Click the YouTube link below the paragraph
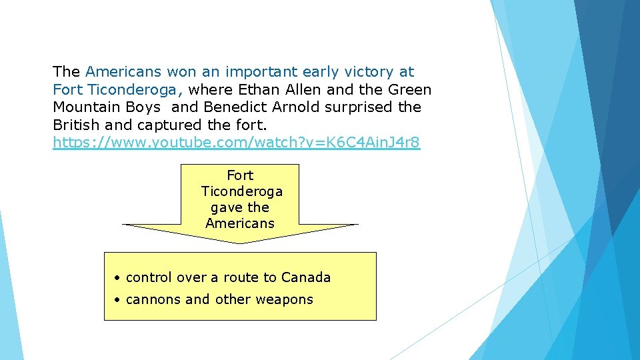(x=237, y=143)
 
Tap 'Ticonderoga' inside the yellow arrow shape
(x=241, y=191)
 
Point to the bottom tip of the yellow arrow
(x=240, y=243)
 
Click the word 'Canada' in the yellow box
(x=305, y=277)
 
